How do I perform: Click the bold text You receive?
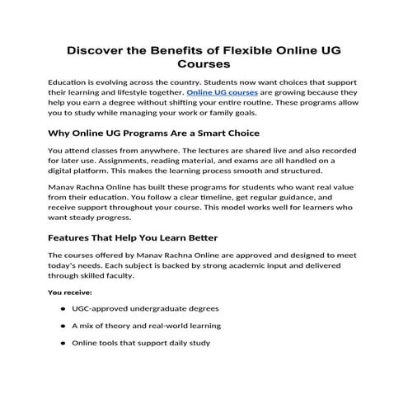pyautogui.click(x=70, y=292)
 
